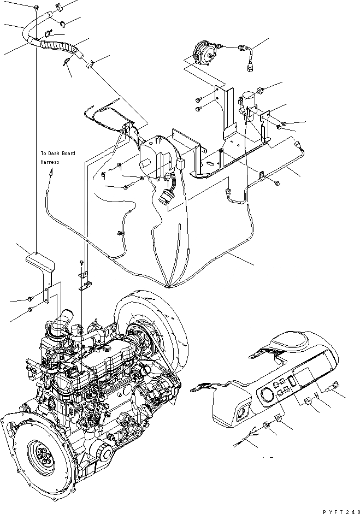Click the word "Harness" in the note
click(49, 162)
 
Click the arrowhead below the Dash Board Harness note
click(50, 172)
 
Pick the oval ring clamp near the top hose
click(63, 23)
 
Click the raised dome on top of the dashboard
click(291, 339)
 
